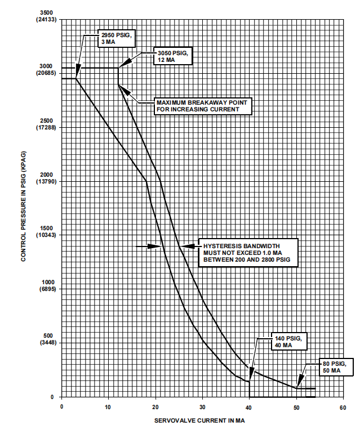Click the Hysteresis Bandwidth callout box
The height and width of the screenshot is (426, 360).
pyautogui.click(x=248, y=253)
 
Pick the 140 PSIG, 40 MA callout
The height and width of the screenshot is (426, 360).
pyautogui.click(x=290, y=341)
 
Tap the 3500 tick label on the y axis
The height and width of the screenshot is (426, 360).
pyautogui.click(x=47, y=13)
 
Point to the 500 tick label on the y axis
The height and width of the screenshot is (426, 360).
pyautogui.click(x=48, y=335)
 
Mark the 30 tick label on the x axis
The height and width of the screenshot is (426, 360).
pyautogui.click(x=202, y=406)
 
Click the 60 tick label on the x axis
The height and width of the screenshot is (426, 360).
pyautogui.click(x=342, y=406)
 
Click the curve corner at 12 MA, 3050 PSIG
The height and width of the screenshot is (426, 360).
pyautogui.click(x=118, y=68)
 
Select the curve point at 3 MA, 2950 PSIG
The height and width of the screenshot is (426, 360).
pyautogui.click(x=76, y=79)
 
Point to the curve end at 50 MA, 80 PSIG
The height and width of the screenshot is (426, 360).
pyautogui.click(x=296, y=388)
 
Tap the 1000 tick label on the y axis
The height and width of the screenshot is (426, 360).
pyautogui.click(x=47, y=282)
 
